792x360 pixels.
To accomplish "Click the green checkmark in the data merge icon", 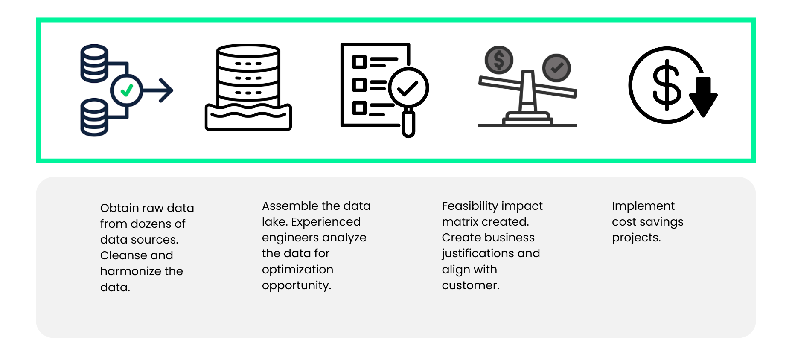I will point(127,90).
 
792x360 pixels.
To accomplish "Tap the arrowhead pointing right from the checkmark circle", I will point(166,90).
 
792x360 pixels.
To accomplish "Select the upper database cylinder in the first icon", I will point(94,63).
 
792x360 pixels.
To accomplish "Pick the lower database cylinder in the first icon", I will point(94,117).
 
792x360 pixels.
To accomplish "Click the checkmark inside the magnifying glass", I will point(408,88).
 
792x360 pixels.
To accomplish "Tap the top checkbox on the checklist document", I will point(359,62).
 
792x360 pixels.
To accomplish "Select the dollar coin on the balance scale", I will point(499,60).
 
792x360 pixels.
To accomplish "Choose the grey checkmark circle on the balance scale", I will point(556,68).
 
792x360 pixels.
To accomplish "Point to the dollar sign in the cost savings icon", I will point(667,85).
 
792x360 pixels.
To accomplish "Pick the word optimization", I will point(297,270).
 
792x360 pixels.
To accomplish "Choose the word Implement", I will point(643,206).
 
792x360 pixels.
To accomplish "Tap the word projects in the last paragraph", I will point(636,238).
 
